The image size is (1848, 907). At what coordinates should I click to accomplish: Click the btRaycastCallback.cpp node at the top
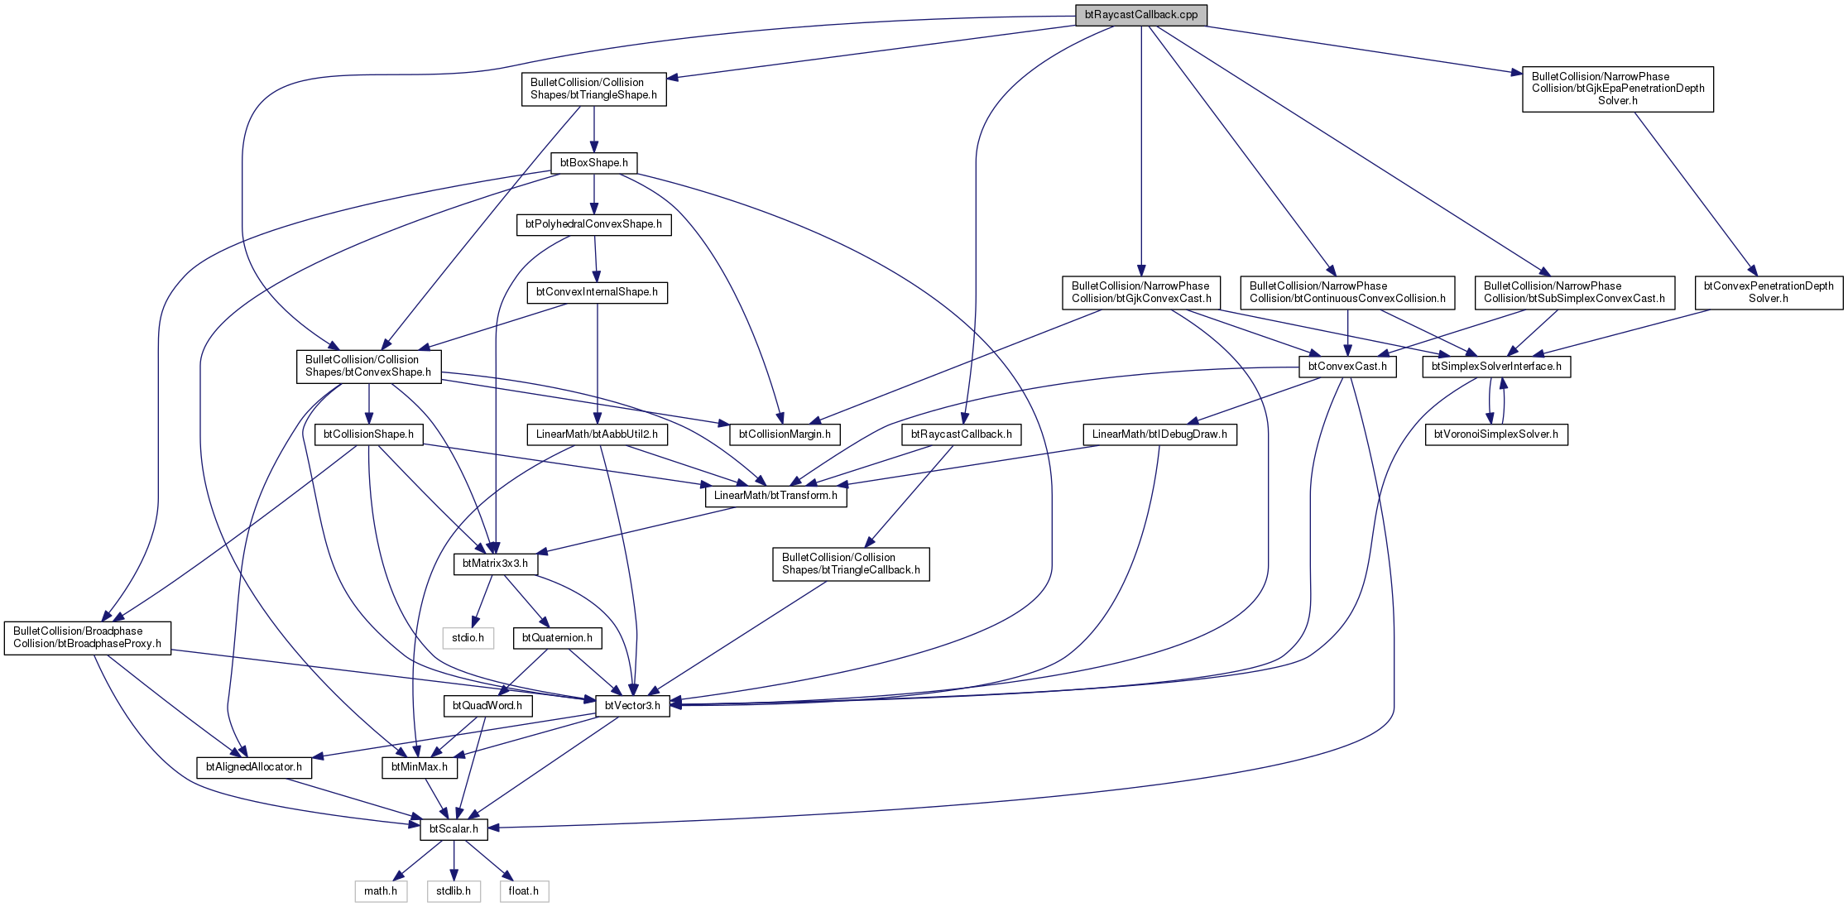tap(1140, 15)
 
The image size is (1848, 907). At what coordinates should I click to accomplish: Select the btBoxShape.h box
tap(594, 163)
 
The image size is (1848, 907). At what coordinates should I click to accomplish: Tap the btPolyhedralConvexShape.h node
tap(593, 224)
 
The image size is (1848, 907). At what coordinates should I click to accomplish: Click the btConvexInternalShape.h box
tap(597, 292)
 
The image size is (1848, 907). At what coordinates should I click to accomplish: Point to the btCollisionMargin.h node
tap(785, 434)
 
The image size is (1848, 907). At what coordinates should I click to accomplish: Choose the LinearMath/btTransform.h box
tap(775, 496)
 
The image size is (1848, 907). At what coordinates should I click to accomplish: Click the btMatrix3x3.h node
tap(495, 564)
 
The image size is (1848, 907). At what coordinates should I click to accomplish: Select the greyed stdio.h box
tap(468, 638)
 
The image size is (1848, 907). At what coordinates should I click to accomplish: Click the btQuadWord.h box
tap(487, 706)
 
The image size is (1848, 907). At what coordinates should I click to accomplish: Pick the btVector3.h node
tap(632, 706)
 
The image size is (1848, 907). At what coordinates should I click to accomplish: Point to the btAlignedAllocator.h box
tap(253, 767)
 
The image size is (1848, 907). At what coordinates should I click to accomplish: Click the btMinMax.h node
tap(420, 767)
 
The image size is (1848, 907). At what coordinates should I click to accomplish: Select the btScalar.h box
tap(454, 829)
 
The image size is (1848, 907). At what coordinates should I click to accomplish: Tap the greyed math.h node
tap(381, 891)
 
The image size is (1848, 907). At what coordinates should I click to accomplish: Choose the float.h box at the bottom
tap(523, 891)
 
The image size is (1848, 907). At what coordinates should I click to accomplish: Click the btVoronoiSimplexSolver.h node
tap(1495, 434)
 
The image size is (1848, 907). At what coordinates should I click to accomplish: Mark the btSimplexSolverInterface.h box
tap(1496, 367)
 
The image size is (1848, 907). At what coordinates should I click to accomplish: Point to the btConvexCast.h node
tap(1347, 367)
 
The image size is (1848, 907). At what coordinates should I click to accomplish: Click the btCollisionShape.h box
tap(368, 434)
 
